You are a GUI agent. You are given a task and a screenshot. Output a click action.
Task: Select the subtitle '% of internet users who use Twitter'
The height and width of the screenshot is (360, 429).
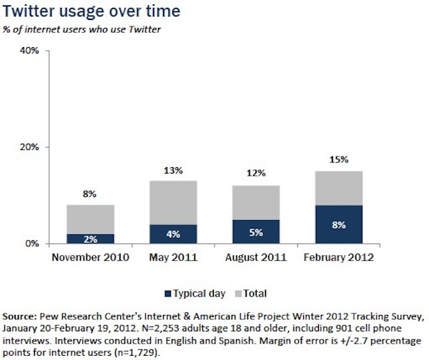tap(82, 31)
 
